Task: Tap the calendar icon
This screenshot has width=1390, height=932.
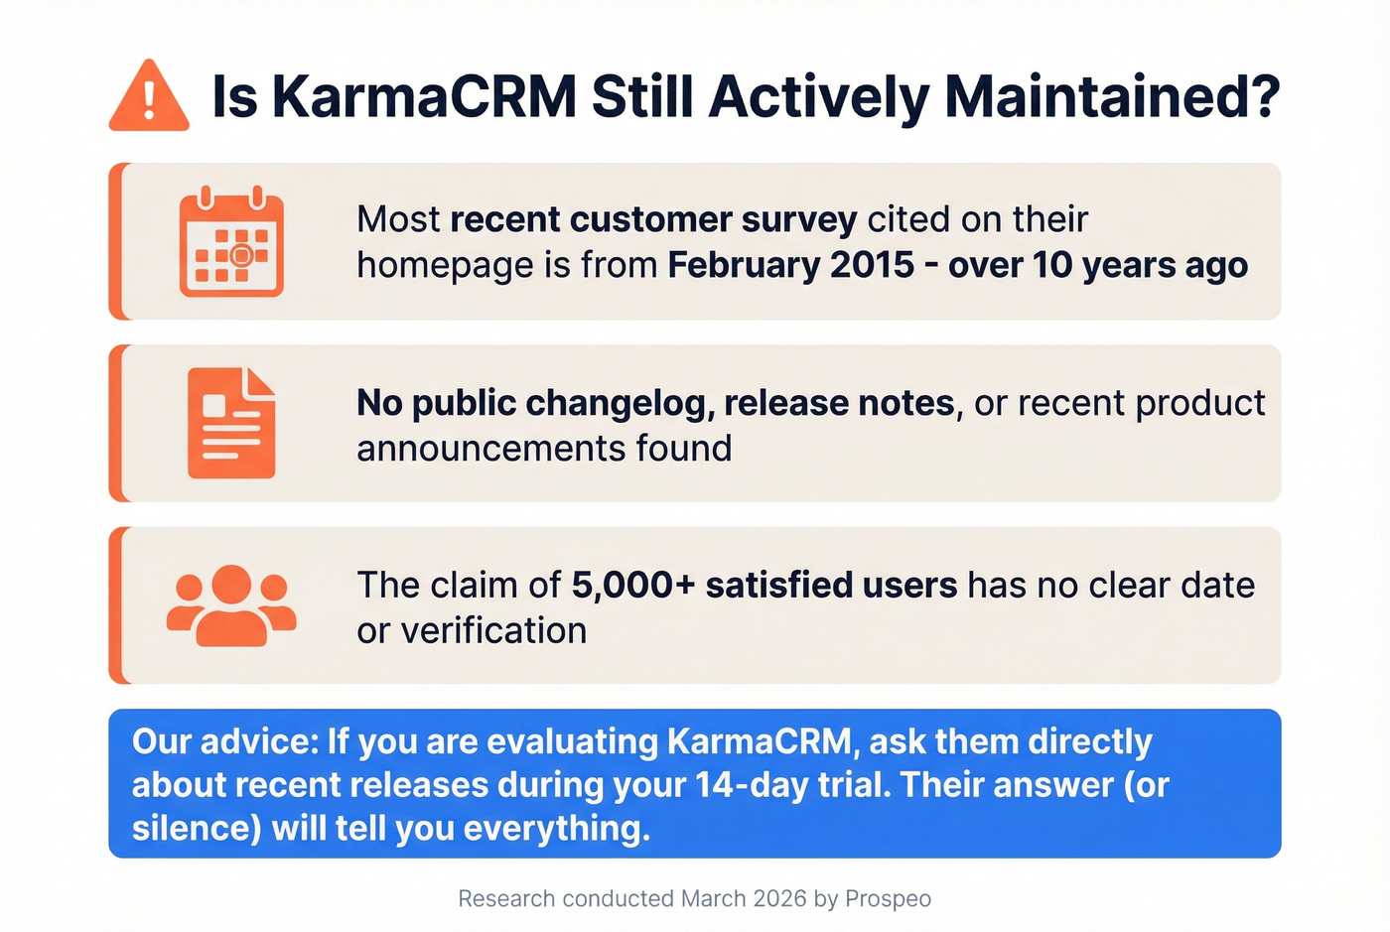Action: (231, 242)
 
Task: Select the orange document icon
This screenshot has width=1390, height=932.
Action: (231, 424)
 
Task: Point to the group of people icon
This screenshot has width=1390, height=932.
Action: (231, 605)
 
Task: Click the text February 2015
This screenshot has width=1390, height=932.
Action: (790, 265)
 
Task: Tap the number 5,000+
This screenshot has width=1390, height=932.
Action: (632, 585)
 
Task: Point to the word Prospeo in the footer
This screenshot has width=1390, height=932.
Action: (888, 899)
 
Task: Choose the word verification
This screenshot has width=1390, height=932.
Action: (493, 630)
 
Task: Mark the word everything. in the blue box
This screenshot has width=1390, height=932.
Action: (556, 828)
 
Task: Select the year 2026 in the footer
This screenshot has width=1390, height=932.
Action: (779, 899)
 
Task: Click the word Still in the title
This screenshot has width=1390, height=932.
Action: (642, 97)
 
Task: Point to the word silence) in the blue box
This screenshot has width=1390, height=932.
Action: (196, 828)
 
